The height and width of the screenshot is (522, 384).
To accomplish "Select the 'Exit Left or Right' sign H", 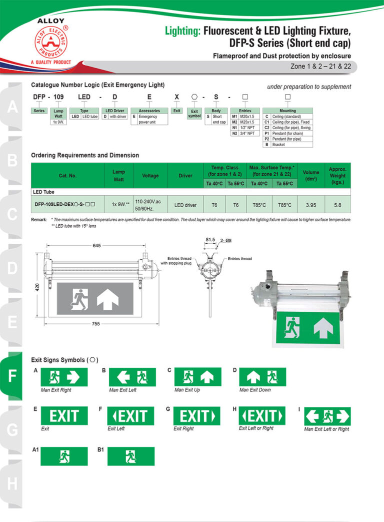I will [x=262, y=415].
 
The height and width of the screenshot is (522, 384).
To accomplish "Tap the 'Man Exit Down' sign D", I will [x=262, y=377].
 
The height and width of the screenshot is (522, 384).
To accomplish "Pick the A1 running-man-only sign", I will [x=64, y=456].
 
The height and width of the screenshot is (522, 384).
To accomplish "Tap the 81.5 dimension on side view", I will [x=210, y=240].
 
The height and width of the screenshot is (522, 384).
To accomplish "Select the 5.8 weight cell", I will [x=337, y=205].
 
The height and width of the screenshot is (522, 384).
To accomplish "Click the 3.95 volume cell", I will [x=311, y=205].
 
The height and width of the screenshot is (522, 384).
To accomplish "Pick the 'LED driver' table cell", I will [x=185, y=205].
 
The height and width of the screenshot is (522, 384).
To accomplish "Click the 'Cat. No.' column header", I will [x=67, y=176].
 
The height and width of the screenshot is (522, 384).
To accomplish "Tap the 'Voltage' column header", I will [x=150, y=176].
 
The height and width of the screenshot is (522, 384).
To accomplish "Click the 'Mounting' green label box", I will [x=287, y=111].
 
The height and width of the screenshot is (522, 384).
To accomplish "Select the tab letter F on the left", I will [x=12, y=376].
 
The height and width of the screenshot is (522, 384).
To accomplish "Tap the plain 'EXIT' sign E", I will [x=64, y=415].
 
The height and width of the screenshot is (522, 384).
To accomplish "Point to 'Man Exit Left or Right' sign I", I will [x=327, y=416].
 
